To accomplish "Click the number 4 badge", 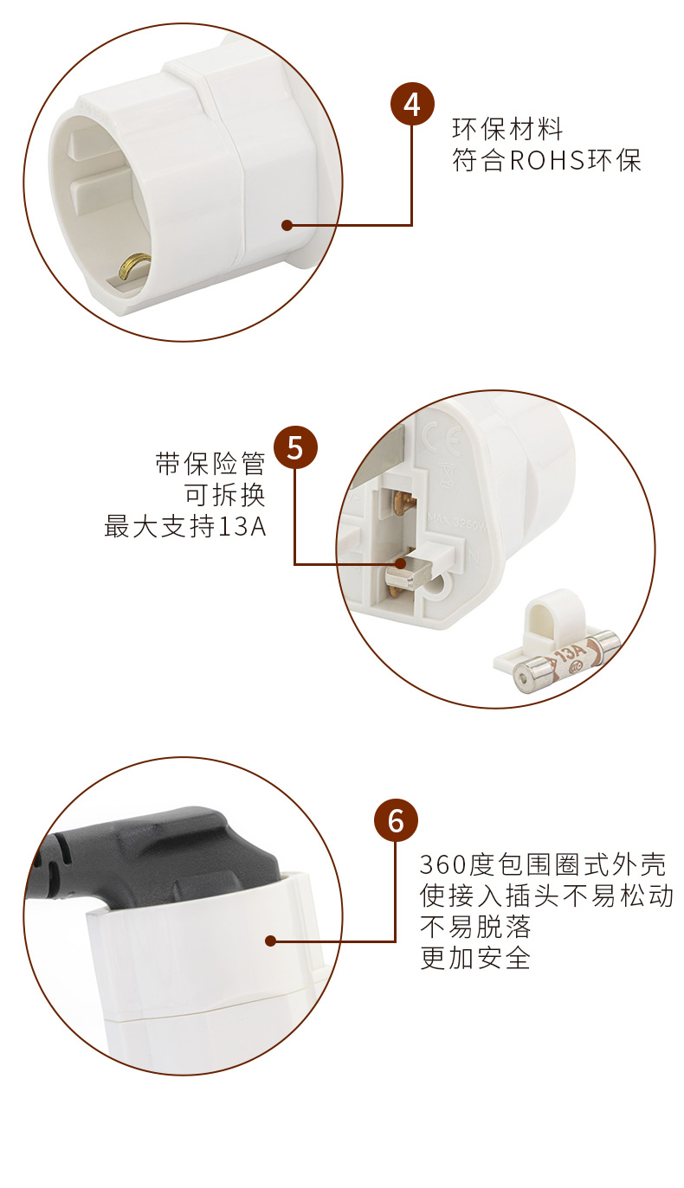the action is click(x=412, y=104).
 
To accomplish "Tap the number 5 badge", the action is click(x=295, y=447).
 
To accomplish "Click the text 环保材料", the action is click(x=507, y=129).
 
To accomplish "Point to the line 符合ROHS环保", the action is click(x=546, y=160).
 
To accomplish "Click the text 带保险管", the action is click(x=210, y=464).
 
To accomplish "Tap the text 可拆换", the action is click(x=225, y=495).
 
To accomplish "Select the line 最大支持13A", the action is click(x=184, y=526).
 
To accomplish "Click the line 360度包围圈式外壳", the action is click(x=542, y=864).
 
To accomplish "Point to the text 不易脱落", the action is click(x=475, y=927).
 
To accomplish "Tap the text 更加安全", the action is click(x=475, y=958).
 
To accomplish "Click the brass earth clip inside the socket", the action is click(x=134, y=265).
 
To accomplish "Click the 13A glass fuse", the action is click(x=567, y=659).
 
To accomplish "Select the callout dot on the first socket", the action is click(x=287, y=226).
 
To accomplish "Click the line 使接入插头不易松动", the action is click(x=546, y=896).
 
